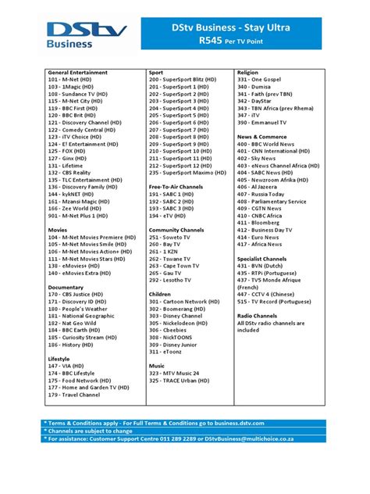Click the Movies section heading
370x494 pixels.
click(57, 230)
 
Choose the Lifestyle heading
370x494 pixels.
click(59, 359)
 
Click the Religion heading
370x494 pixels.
click(247, 72)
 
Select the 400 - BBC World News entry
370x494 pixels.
click(272, 144)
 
